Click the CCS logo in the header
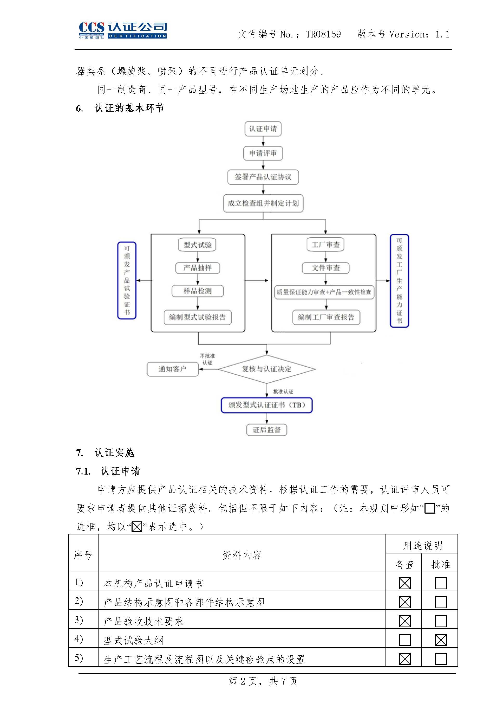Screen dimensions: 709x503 click(123, 30)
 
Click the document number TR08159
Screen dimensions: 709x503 click(323, 34)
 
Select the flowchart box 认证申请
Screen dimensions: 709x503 click(263, 129)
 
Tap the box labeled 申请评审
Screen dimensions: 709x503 click(263, 153)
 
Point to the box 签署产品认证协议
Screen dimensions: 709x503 click(263, 177)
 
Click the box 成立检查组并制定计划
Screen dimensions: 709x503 click(263, 203)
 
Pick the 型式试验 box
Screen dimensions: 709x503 click(197, 245)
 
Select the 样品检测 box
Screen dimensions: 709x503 click(197, 291)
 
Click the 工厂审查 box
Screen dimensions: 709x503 click(325, 245)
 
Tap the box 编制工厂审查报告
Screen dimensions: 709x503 click(326, 317)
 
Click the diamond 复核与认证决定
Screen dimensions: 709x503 click(266, 369)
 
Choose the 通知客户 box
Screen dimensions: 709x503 click(173, 369)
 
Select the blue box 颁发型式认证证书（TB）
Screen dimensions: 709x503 click(266, 405)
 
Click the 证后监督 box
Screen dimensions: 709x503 click(266, 430)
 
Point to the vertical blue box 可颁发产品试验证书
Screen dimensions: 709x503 click(127, 280)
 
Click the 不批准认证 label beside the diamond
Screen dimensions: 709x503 click(207, 359)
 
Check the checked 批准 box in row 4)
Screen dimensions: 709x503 click(440, 640)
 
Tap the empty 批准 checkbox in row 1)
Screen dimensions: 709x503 click(440, 583)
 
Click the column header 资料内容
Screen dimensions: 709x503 click(242, 555)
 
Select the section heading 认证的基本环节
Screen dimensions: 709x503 click(129, 108)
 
